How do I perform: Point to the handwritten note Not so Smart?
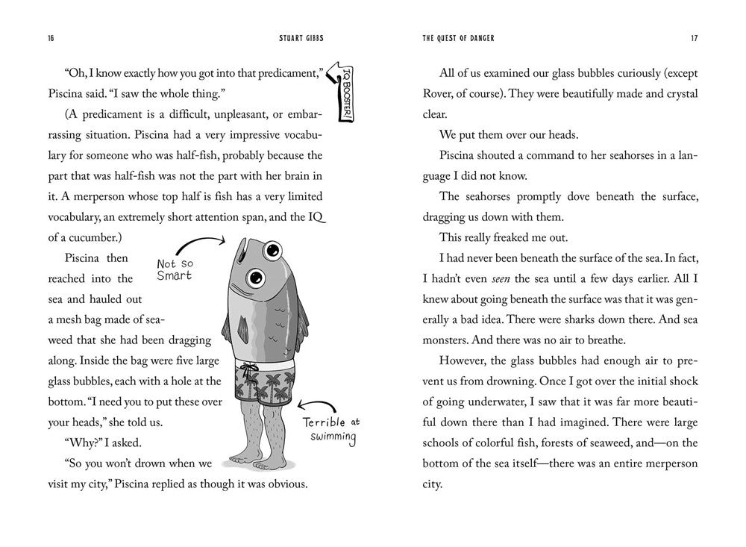(174, 269)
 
